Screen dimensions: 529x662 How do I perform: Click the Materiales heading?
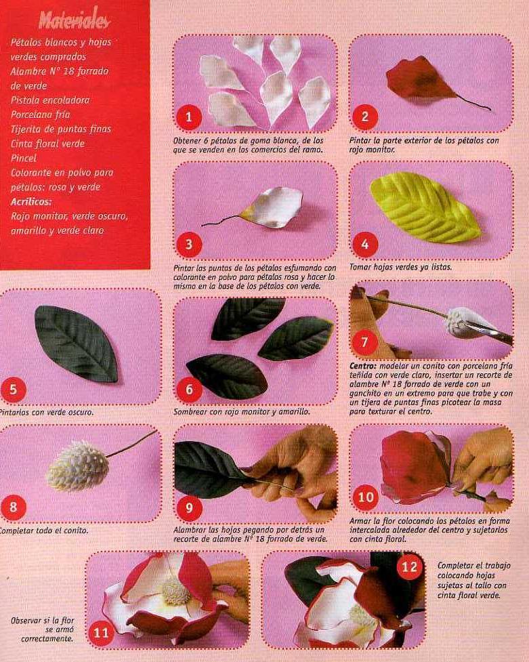coord(75,20)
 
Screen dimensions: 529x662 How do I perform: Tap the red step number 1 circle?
coord(189,117)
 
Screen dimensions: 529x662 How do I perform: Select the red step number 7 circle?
coord(365,341)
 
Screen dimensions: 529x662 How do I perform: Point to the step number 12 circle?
coord(409,566)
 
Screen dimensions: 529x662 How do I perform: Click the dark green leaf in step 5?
coord(77,344)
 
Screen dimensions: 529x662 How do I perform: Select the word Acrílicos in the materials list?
coord(31,201)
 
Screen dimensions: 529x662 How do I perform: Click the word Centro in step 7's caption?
coord(364,366)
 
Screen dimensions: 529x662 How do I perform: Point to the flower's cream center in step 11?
coord(177,590)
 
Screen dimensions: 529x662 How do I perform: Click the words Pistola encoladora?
coord(50,100)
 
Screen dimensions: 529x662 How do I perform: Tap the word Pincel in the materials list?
coord(23,159)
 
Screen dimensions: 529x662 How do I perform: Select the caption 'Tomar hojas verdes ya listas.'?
coord(401,267)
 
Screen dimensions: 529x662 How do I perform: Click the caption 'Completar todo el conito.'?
coord(43,531)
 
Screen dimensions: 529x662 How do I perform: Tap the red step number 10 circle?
coord(365,497)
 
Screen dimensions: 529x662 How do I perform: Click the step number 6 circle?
coord(189,389)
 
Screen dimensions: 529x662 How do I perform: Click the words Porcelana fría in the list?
coord(40,115)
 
